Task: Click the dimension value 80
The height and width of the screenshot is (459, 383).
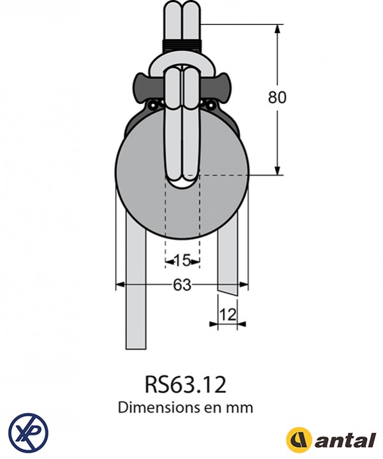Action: pyautogui.click(x=277, y=98)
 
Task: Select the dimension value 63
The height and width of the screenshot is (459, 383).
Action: pyautogui.click(x=182, y=285)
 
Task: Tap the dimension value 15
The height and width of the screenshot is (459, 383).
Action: pyautogui.click(x=182, y=260)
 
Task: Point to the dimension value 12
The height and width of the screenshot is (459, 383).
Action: pyautogui.click(x=228, y=313)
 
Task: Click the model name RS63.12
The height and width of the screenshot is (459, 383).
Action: pyautogui.click(x=185, y=384)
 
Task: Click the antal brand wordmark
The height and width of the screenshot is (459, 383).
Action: pyautogui.click(x=344, y=440)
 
